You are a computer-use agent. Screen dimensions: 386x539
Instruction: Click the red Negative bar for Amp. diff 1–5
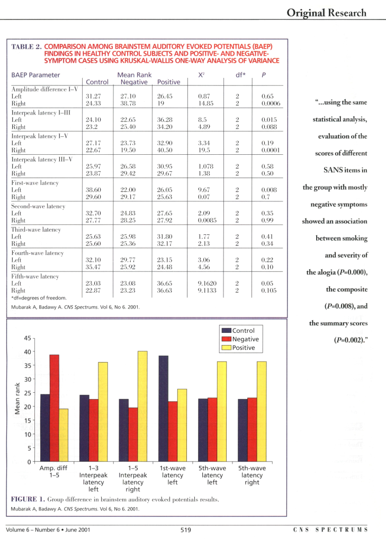coord(54,408)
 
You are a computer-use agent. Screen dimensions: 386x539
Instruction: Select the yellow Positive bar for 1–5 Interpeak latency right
coord(142,407)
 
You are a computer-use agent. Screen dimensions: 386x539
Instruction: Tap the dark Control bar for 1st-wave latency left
coord(164,409)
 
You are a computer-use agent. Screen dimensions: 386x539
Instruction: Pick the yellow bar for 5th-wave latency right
coord(262,411)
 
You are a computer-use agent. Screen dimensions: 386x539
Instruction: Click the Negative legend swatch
coord(226,339)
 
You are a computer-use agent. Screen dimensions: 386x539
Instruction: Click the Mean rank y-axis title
coord(17,399)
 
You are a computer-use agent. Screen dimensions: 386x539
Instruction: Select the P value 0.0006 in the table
coord(271,103)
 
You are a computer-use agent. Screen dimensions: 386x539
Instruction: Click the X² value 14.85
coord(205,103)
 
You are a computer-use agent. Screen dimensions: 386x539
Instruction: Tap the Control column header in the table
coord(97,82)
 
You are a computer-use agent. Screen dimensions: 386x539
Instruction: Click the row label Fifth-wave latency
coord(35,276)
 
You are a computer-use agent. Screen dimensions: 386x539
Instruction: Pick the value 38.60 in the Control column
coord(93,190)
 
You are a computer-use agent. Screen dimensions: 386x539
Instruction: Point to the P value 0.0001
coord(271,150)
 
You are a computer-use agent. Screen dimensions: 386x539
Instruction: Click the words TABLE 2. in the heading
coord(26,47)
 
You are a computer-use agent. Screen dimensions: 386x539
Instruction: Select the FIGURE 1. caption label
coord(28,499)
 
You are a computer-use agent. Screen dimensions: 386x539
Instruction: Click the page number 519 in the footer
coord(186,530)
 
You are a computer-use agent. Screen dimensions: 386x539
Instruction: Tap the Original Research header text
coord(327,13)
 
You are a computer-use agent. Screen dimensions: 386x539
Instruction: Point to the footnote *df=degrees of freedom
coord(39,298)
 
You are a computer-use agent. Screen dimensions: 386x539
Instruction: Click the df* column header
coord(240,75)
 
